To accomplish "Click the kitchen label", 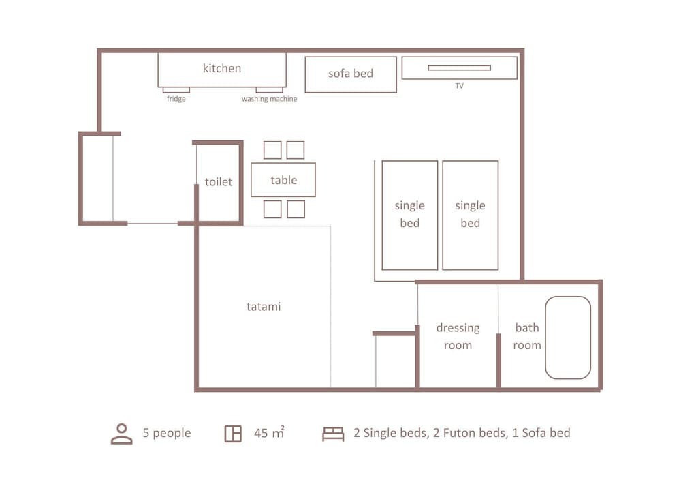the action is tap(221, 68).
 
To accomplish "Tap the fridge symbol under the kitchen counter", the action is tap(176, 90).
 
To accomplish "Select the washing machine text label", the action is tap(269, 99).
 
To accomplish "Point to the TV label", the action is tap(460, 86).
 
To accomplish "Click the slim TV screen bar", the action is tap(460, 67).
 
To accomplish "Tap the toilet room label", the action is tap(219, 181).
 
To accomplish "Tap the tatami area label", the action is tap(264, 306).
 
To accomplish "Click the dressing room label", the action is tap(458, 336).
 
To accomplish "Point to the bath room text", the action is tap(527, 336).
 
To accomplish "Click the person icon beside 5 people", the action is tap(122, 434).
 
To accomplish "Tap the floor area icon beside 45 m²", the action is tap(233, 434).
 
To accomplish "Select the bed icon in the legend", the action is tap(333, 434).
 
